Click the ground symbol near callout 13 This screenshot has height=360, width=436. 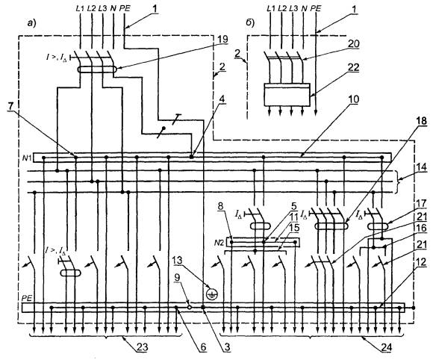click(212, 294)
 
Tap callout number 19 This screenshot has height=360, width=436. click(222, 40)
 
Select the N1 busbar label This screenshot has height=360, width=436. click(28, 158)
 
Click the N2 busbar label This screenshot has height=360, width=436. click(219, 243)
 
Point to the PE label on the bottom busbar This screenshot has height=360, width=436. click(26, 299)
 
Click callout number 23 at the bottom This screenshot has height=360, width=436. click(142, 347)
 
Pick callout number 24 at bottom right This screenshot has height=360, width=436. click(387, 347)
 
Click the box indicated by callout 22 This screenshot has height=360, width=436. click(287, 95)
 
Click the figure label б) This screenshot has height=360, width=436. click(250, 24)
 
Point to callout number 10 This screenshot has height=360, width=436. click(353, 99)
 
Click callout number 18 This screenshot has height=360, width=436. click(422, 121)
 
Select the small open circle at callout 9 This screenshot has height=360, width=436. click(190, 307)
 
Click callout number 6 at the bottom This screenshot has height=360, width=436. click(203, 347)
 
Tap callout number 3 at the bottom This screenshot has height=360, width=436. click(228, 347)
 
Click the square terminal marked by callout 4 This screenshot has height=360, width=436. click(192, 157)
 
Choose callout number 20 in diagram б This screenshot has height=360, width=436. click(353, 43)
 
